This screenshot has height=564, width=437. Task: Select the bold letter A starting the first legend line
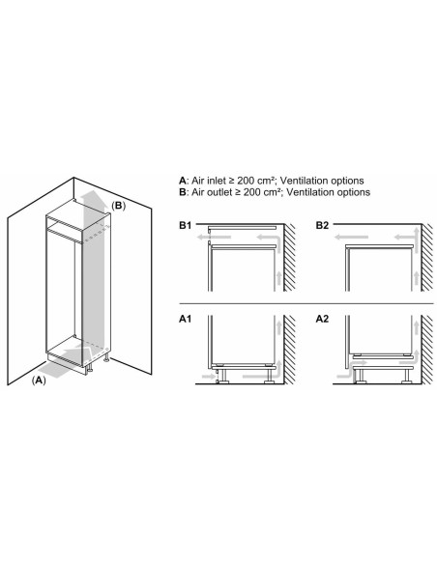click(182, 181)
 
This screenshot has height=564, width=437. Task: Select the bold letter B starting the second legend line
click(182, 192)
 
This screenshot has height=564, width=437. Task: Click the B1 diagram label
click(186, 225)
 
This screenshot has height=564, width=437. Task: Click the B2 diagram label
click(323, 225)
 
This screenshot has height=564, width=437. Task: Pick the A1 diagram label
click(186, 316)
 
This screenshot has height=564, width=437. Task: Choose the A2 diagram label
click(323, 316)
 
